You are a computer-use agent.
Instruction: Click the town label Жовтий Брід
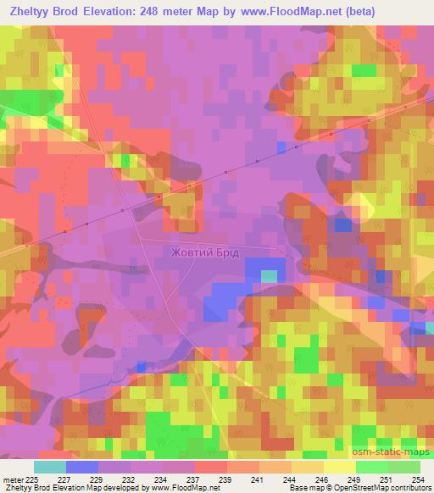click(x=205, y=252)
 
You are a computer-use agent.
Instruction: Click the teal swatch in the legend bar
click(x=49, y=467)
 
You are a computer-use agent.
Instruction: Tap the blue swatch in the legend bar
click(x=81, y=467)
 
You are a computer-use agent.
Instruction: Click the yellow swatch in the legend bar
click(x=339, y=467)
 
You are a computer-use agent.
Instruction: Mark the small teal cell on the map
click(x=269, y=276)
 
